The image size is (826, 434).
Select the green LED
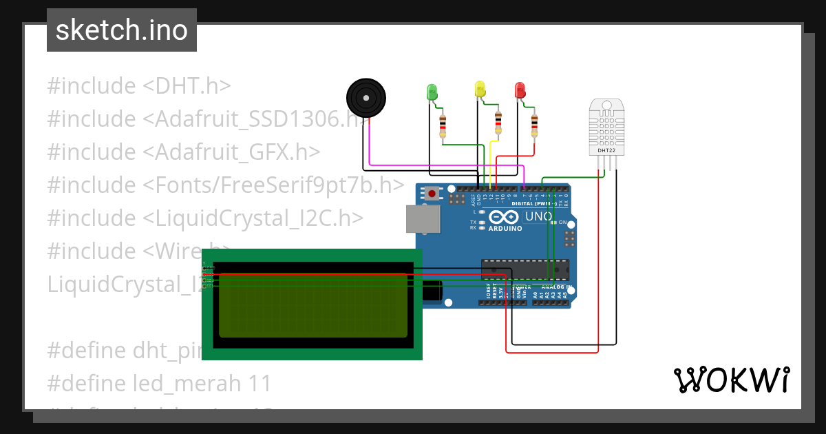432,91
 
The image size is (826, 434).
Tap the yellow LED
480,89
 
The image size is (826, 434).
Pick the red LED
520,90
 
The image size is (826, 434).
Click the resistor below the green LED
442,125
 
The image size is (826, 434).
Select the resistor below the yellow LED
498,123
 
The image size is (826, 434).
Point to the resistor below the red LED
534,125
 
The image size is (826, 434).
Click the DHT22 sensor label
606,150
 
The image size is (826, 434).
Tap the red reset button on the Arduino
432,194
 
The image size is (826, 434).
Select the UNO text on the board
539,216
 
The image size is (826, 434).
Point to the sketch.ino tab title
122,30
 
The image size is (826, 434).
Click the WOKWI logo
730,380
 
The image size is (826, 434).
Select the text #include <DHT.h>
139,86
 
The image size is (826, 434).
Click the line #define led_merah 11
159,383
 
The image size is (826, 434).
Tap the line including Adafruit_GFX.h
184,152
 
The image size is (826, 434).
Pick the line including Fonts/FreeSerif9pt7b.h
226,185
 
